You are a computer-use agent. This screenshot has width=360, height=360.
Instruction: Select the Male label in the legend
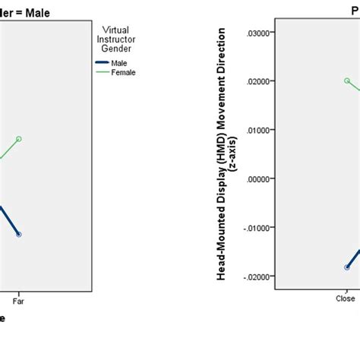[x=118, y=63]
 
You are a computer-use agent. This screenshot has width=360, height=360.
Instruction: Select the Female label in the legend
[x=124, y=73]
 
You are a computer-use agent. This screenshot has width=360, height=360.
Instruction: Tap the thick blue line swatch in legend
[x=102, y=63]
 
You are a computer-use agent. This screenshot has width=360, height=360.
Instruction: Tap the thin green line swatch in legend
[x=102, y=73]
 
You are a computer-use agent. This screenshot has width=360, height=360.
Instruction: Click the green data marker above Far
[x=19, y=139]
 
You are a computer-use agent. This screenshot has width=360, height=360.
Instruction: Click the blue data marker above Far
[x=19, y=234]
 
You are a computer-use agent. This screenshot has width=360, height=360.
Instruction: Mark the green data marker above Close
[x=347, y=81]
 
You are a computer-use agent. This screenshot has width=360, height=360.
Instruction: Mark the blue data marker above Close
[x=347, y=267]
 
